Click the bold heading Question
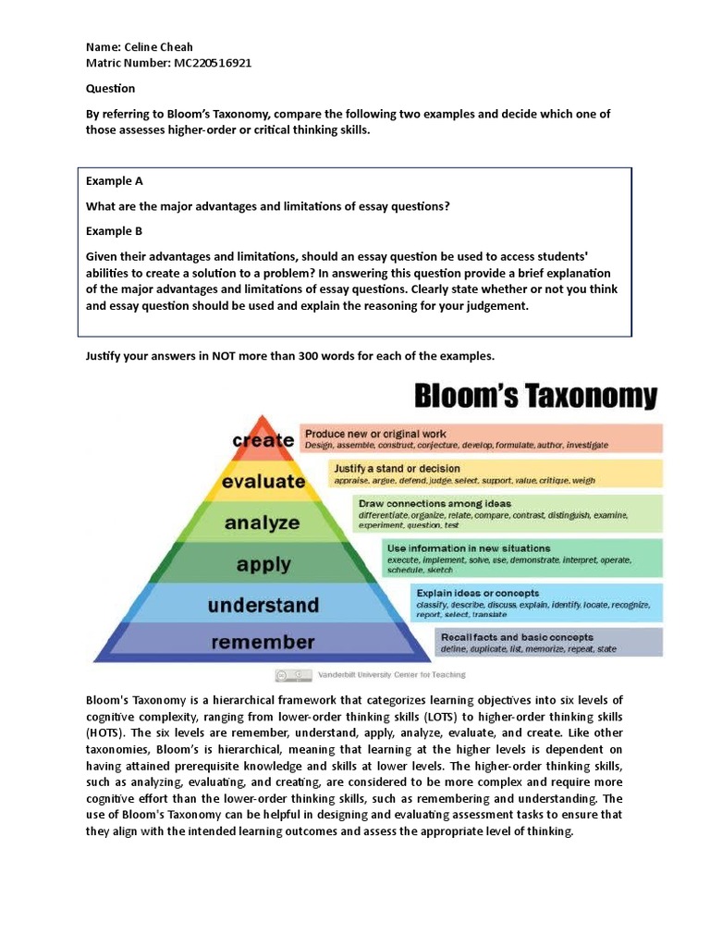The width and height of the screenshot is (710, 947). [x=111, y=89]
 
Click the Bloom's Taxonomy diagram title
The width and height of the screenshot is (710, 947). [x=537, y=397]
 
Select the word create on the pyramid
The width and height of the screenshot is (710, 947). [x=263, y=441]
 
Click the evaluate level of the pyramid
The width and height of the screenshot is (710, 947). [x=263, y=482]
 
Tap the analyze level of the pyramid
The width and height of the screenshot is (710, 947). [x=263, y=523]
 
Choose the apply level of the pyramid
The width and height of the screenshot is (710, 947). [x=263, y=563]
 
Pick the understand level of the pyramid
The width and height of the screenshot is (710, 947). [x=263, y=606]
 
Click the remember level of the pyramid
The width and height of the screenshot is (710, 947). [x=263, y=642]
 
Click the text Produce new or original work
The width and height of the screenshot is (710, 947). [x=375, y=433]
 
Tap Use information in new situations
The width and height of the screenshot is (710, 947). [x=469, y=548]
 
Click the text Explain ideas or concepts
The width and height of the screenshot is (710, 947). [x=478, y=593]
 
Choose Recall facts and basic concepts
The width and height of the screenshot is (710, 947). [x=517, y=637]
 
